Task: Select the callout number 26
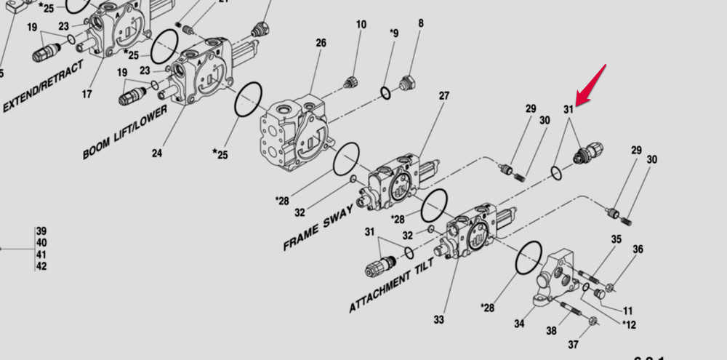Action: click(321, 43)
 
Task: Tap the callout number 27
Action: click(443, 96)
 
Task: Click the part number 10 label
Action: click(361, 25)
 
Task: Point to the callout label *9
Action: click(393, 33)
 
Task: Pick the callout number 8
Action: click(420, 24)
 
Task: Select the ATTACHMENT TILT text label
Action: click(392, 285)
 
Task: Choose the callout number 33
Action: click(439, 319)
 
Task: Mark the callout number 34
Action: click(519, 324)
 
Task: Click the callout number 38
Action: click(552, 331)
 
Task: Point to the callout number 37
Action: click(574, 344)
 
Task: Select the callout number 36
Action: click(638, 249)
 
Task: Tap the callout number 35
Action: click(616, 239)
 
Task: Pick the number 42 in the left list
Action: click(41, 266)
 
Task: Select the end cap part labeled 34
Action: click(560, 276)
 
